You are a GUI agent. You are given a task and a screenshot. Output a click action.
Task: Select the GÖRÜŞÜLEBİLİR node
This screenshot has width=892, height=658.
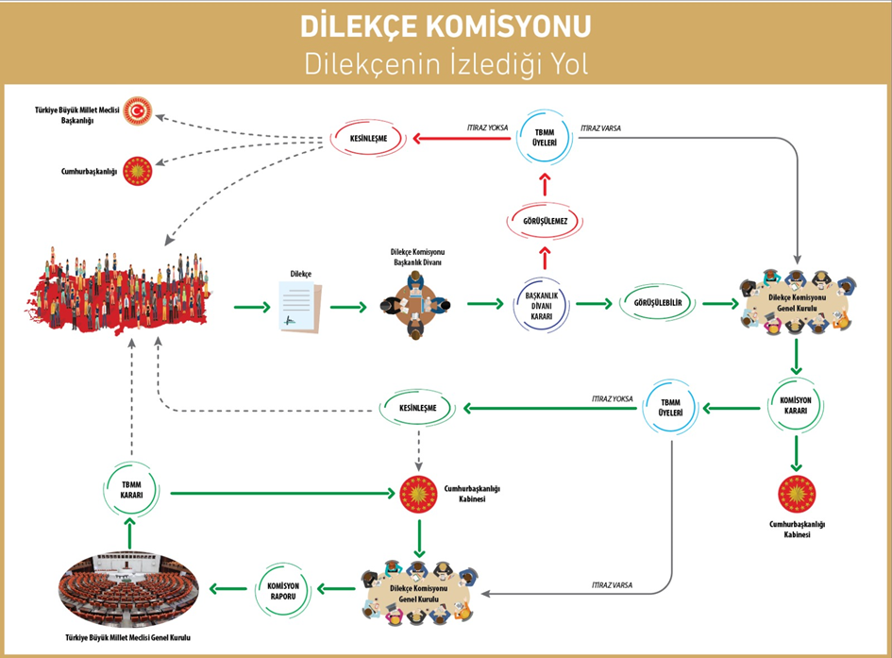coord(658,304)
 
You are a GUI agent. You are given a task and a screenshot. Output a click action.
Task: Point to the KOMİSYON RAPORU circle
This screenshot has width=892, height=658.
coord(279,591)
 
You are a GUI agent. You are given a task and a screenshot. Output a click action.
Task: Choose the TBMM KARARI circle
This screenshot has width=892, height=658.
coord(132,491)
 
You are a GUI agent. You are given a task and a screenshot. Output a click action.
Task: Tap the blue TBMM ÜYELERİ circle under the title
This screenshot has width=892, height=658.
coord(544,140)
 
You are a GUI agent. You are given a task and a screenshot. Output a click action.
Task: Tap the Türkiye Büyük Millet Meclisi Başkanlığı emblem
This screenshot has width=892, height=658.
coord(140,111)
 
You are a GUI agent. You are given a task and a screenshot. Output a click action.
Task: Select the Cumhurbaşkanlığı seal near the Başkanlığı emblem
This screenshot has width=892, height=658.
coord(140,172)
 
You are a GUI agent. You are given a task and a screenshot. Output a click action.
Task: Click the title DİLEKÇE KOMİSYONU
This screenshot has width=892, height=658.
coord(446,25)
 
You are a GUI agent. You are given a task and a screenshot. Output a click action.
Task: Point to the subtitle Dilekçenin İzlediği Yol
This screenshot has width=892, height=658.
coord(446,63)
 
